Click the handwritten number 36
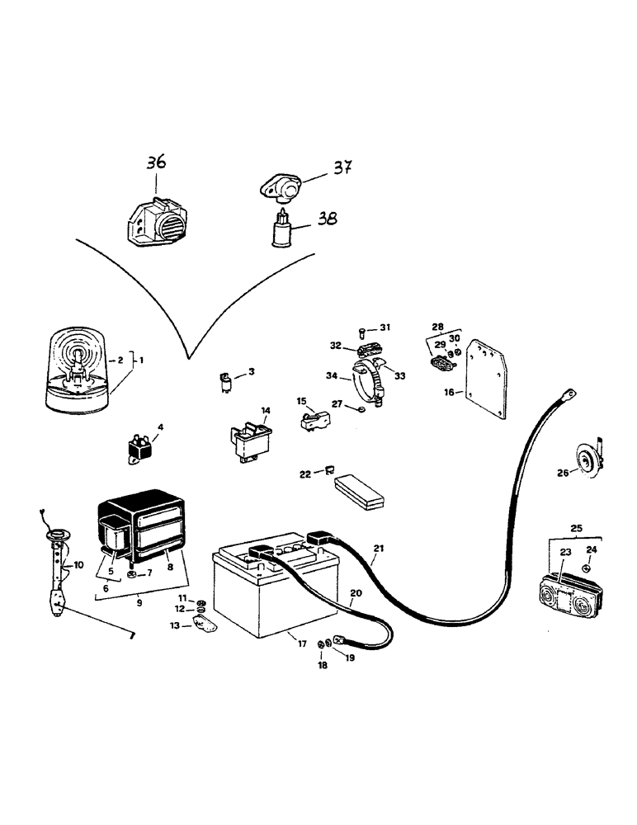click(x=156, y=163)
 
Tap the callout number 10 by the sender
click(x=79, y=565)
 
